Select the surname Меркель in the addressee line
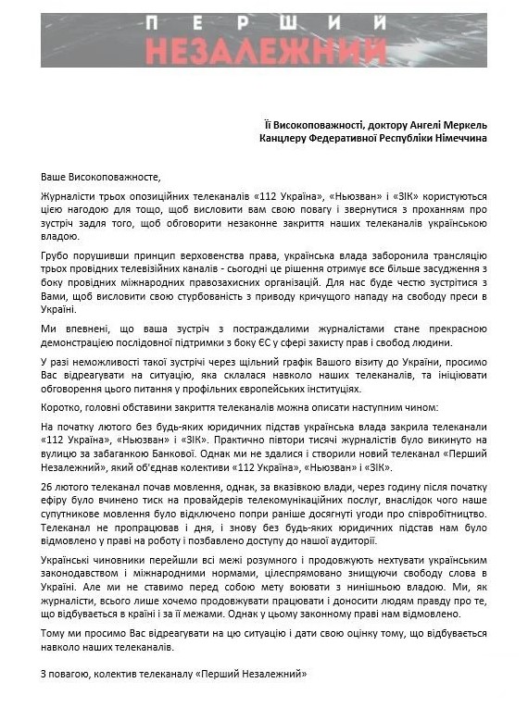click(x=462, y=124)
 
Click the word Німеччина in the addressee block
click(x=459, y=138)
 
